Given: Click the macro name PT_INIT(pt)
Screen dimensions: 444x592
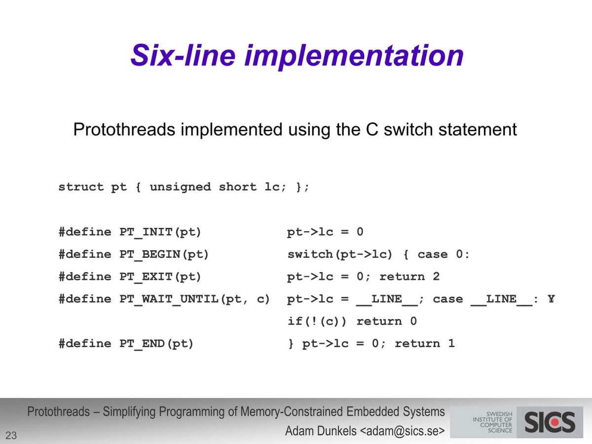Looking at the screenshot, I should pyautogui.click(x=160, y=232).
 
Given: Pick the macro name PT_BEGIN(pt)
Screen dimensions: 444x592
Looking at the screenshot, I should pyautogui.click(x=164, y=255).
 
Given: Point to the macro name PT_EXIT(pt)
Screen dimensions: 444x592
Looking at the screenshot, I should pyautogui.click(x=160, y=277).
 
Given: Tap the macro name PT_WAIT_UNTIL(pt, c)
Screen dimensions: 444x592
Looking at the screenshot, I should pyautogui.click(x=195, y=299).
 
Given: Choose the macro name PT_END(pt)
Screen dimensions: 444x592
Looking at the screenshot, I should pyautogui.click(x=156, y=344).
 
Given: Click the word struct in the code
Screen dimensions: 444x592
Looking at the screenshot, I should pyautogui.click(x=81, y=187).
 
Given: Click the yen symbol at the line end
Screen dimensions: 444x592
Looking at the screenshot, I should pyautogui.click(x=551, y=299).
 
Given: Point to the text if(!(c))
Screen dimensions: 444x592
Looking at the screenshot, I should pyautogui.click(x=317, y=322).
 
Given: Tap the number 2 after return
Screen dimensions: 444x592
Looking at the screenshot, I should pyautogui.click(x=436, y=277).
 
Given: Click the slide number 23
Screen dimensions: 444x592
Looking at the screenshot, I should pyautogui.click(x=11, y=435).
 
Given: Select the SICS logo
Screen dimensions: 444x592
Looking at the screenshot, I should pyautogui.click(x=550, y=422).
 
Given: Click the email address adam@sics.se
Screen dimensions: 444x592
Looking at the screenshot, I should pyautogui.click(x=400, y=431).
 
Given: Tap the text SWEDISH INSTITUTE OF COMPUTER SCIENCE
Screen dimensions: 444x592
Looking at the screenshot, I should pyautogui.click(x=492, y=422).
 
